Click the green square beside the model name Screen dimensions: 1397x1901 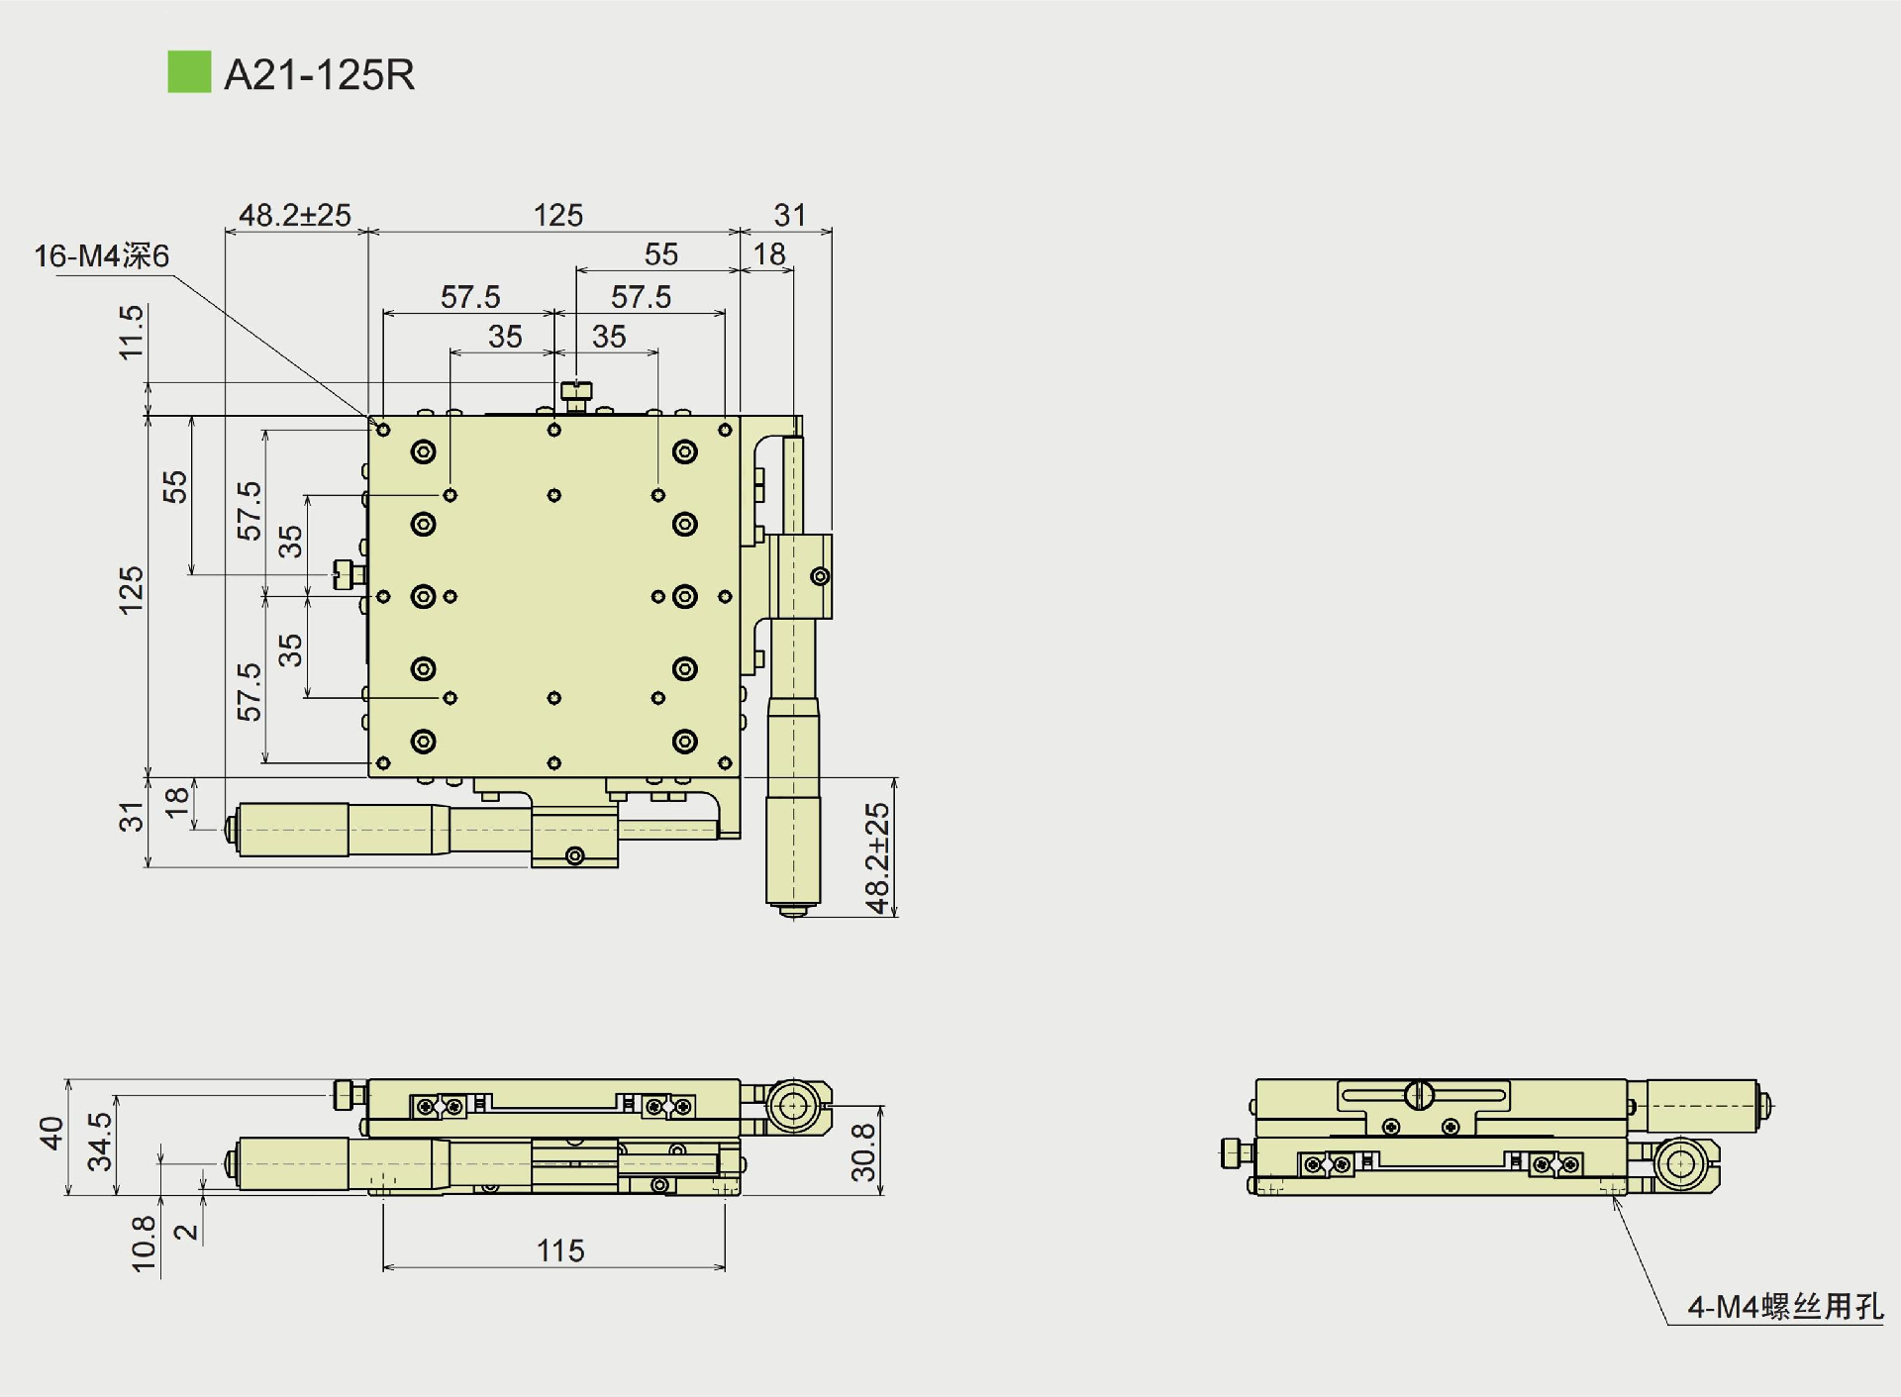189,72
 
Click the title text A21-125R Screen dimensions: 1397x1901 319,75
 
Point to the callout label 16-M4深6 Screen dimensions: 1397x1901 102,256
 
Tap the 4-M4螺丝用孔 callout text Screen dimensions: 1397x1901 1784,1307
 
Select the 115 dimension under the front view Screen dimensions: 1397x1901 560,1250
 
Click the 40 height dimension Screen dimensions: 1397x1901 50,1134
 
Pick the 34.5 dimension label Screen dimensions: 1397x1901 100,1142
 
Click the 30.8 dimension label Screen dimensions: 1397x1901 863,1151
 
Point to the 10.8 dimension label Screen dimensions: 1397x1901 144,1244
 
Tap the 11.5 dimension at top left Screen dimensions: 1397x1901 131,333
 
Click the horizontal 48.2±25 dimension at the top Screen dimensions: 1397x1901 295,215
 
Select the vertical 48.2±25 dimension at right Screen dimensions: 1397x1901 877,857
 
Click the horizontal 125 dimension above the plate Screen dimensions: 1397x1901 558,215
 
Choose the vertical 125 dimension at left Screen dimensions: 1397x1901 131,591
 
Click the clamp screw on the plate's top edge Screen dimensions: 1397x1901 575,392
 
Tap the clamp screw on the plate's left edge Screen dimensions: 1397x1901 346,574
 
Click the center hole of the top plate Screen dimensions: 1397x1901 554,596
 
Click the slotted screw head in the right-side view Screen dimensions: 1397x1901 1419,1095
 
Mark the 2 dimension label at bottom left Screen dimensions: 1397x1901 186,1233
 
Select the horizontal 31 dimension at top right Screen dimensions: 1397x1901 790,215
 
